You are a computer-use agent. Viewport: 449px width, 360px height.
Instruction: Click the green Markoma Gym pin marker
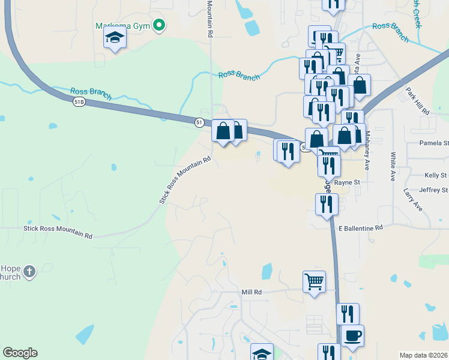(x=159, y=25)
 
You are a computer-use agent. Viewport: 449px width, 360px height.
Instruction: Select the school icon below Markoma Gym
(x=114, y=39)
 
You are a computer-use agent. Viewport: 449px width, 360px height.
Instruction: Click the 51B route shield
(x=79, y=103)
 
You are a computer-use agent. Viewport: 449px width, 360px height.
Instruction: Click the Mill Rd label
(x=252, y=292)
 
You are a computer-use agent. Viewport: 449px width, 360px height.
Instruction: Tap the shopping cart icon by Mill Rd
(x=315, y=281)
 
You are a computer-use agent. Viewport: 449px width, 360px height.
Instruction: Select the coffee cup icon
(x=352, y=335)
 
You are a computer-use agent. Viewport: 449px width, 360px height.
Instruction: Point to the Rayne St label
(x=347, y=182)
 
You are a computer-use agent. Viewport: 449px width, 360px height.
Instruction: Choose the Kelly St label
(x=436, y=175)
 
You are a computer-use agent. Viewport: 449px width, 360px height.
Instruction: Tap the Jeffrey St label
(x=433, y=190)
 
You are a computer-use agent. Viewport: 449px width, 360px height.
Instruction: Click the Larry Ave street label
(x=413, y=200)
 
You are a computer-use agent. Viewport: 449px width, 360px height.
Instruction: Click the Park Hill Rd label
(x=417, y=101)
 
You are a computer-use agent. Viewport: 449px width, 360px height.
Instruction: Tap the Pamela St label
(x=433, y=143)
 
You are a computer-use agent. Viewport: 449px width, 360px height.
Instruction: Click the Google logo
(x=20, y=353)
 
